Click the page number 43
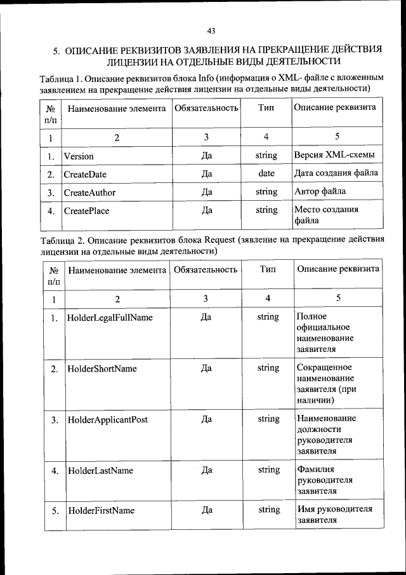[x=211, y=30]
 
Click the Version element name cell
[x=78, y=156]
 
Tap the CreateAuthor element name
[x=89, y=192]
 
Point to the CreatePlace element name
[x=86, y=210]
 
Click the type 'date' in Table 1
[x=266, y=173]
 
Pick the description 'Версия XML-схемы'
[x=334, y=155]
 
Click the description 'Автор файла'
[x=320, y=191]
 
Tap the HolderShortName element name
[x=102, y=369]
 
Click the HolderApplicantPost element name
[x=108, y=420]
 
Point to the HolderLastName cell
[x=100, y=471]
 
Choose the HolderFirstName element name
[x=101, y=510]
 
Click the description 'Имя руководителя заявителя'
[x=334, y=515]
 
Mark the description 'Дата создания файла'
[x=336, y=173]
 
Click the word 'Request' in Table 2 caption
[x=221, y=240]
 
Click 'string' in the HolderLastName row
[x=268, y=470]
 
